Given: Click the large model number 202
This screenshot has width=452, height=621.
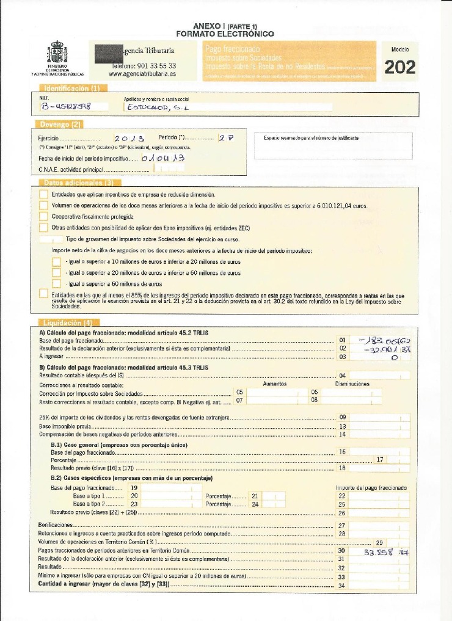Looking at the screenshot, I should pyautogui.click(x=399, y=67).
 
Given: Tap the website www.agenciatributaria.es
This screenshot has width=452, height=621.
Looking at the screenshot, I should pyautogui.click(x=142, y=73).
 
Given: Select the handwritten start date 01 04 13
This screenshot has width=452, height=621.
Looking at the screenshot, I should pyautogui.click(x=162, y=158).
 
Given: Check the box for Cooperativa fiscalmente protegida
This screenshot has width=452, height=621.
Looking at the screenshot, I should pyautogui.click(x=43, y=216).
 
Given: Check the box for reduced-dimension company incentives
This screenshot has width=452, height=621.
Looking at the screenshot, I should pyautogui.click(x=43, y=194).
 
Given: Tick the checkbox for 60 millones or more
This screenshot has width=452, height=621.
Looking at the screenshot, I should pyautogui.click(x=56, y=283).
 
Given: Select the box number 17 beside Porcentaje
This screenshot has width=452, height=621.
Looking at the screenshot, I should pyautogui.click(x=379, y=459).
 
